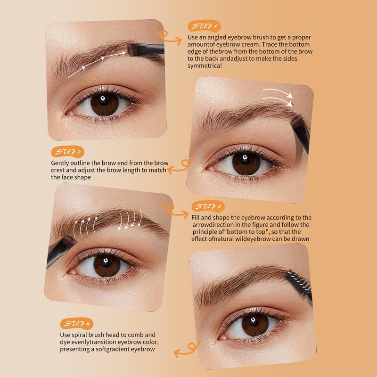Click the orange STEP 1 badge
[x=204, y=26]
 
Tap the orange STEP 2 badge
[x=67, y=152]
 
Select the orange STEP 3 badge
[x=208, y=206]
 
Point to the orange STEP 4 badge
[x=76, y=323]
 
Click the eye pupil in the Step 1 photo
[x=104, y=101]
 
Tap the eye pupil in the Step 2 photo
[x=245, y=161]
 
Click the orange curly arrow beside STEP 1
[x=168, y=36]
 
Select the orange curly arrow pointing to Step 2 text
[x=181, y=166]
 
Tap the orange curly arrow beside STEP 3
[x=174, y=210]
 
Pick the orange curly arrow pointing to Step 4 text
[x=187, y=349]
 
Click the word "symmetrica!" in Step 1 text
[x=205, y=66]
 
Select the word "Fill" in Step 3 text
[x=195, y=218]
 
